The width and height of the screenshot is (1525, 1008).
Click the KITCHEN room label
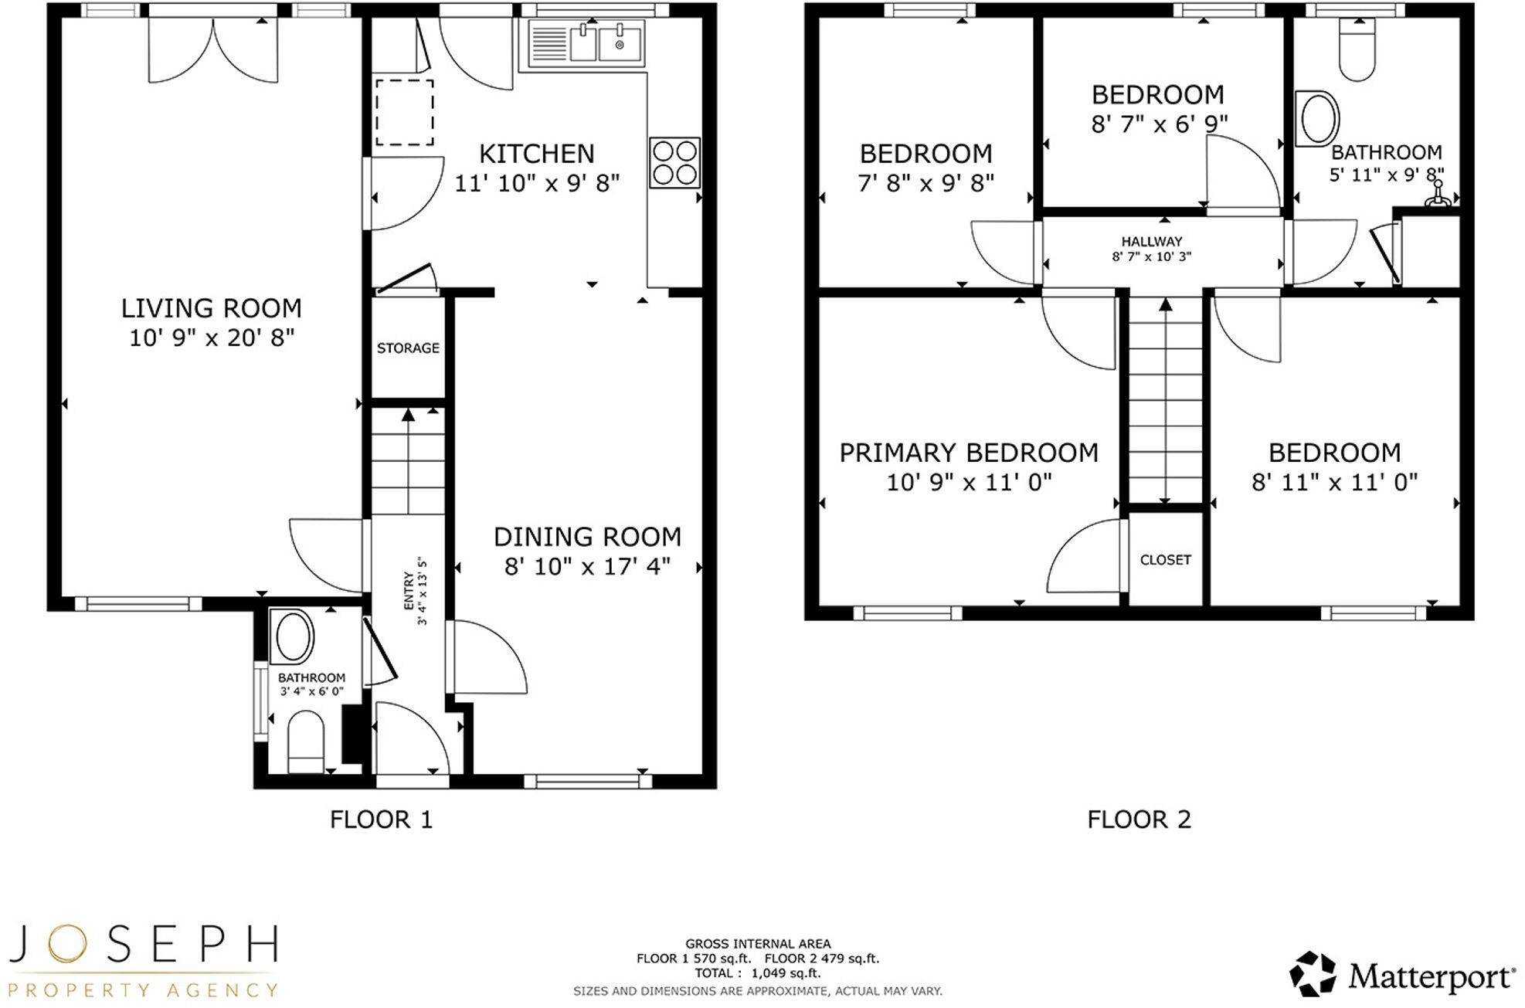click(x=536, y=154)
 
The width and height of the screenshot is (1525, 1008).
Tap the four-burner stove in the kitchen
click(x=674, y=162)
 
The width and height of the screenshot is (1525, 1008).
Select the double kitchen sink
click(x=606, y=42)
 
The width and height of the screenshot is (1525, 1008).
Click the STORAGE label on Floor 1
click(x=408, y=348)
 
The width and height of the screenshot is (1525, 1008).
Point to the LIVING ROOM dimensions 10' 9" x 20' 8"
click(x=212, y=338)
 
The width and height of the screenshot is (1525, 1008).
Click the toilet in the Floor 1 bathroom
click(x=305, y=742)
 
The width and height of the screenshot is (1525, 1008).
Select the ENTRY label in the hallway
click(x=408, y=591)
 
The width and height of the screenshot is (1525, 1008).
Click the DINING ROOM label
click(x=587, y=537)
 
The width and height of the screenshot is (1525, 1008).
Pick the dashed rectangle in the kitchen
click(x=404, y=112)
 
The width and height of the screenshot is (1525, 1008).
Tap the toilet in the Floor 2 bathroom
click(x=1357, y=50)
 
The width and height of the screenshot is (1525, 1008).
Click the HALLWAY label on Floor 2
click(x=1152, y=242)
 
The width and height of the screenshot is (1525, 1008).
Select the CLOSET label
click(x=1165, y=560)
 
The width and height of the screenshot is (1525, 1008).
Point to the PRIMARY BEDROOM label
click(x=969, y=453)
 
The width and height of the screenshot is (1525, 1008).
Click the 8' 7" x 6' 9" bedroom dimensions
click(x=1159, y=124)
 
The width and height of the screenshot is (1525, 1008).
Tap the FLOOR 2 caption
click(x=1139, y=820)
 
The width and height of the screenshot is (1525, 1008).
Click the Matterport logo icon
click(x=1313, y=974)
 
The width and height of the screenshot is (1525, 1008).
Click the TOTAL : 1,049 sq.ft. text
click(x=758, y=973)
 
